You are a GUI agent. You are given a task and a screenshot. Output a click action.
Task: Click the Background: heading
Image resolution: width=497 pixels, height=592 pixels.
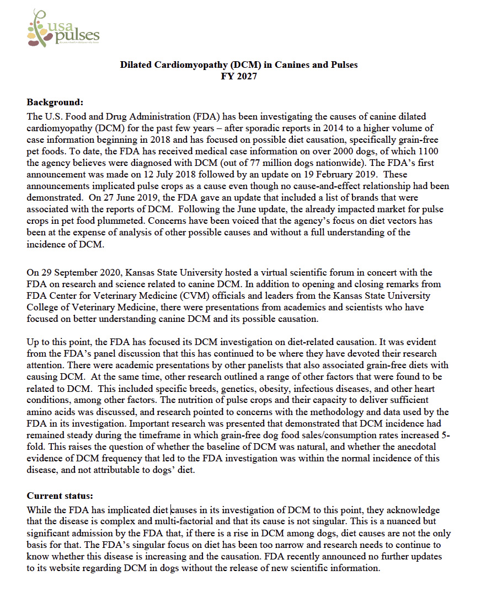click(55, 102)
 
